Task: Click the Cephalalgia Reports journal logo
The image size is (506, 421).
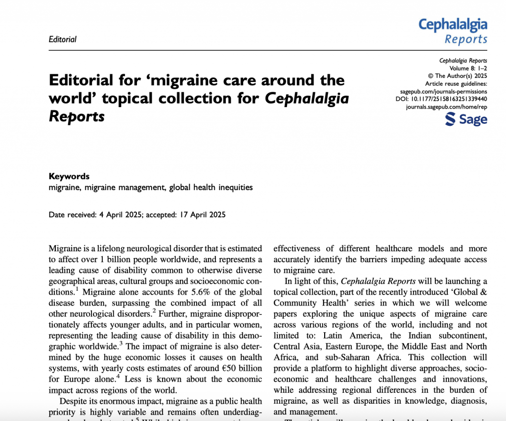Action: click(x=453, y=31)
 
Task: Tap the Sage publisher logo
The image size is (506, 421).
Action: click(x=465, y=119)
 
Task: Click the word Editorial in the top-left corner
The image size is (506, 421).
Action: click(x=63, y=39)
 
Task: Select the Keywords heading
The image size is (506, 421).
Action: click(x=69, y=176)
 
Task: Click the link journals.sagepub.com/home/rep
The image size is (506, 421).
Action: click(x=446, y=107)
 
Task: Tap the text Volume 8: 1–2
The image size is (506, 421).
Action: click(x=468, y=68)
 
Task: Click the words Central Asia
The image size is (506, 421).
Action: click(x=298, y=346)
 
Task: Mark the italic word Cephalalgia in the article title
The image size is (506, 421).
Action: click(x=307, y=98)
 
